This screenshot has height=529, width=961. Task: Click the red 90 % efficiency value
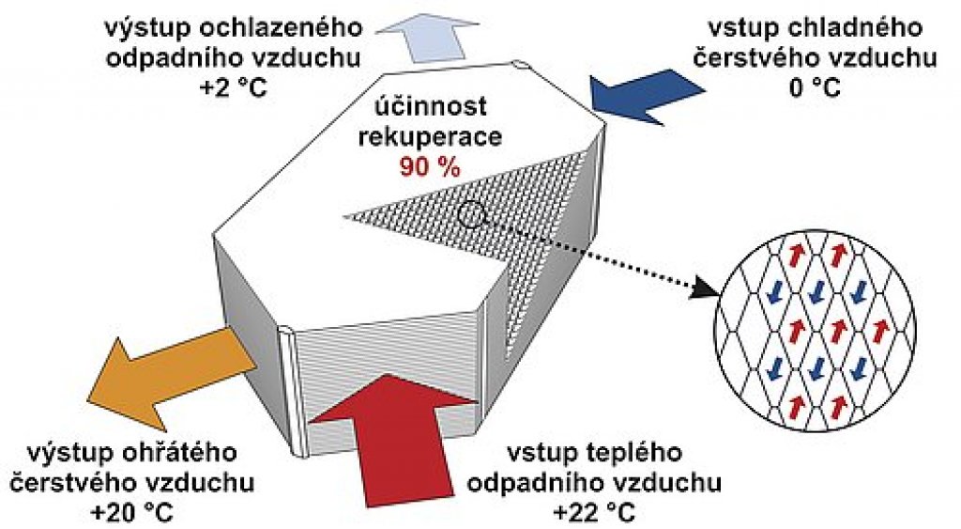(x=429, y=167)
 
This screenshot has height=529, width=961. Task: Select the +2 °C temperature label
(x=234, y=87)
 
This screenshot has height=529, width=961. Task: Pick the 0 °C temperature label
(x=815, y=87)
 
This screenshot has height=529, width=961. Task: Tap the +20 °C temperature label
(x=131, y=510)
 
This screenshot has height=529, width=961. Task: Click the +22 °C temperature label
(x=593, y=510)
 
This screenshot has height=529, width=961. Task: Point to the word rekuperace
(x=430, y=136)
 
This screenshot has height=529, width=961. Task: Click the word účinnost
(x=431, y=106)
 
